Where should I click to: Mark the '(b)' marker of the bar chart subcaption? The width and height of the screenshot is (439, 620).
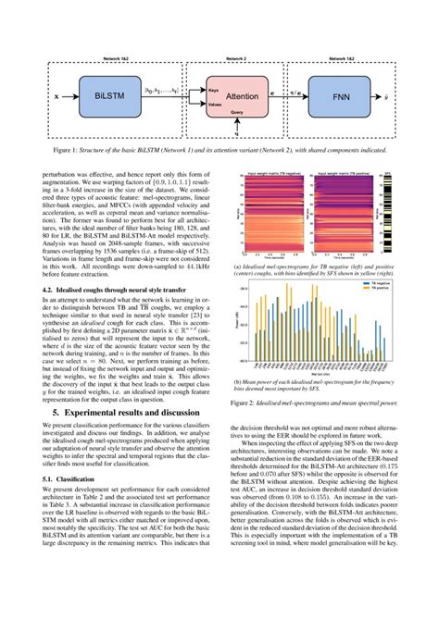pos(239,380)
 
